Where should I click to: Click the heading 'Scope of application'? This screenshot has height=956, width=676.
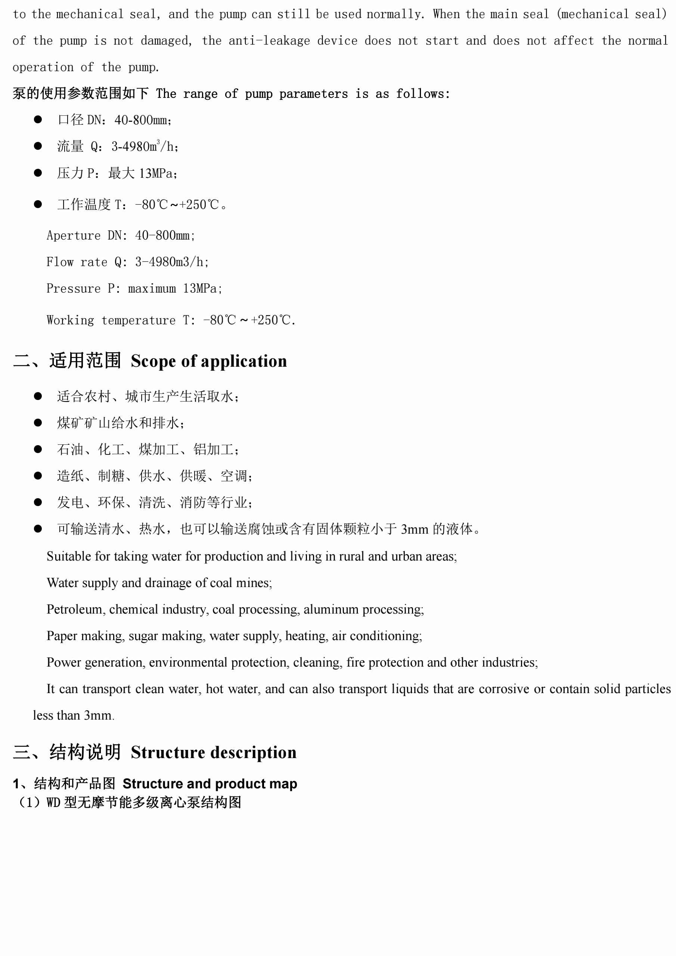209,361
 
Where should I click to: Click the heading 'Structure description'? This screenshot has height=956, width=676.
213,752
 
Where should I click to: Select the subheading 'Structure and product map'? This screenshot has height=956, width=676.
210,783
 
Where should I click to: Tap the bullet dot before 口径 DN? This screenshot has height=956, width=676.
38,119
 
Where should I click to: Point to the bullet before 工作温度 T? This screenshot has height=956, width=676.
38,204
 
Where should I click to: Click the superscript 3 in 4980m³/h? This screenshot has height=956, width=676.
158,142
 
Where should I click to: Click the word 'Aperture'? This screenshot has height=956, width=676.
73,236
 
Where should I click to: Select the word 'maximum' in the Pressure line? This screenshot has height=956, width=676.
152,289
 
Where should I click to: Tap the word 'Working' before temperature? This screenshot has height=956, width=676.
70,320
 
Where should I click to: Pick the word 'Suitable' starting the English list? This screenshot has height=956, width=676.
69,556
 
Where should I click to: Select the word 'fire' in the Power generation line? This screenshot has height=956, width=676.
355,662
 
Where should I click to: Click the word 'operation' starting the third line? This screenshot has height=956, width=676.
43,68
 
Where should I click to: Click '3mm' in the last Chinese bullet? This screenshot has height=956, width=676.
415,529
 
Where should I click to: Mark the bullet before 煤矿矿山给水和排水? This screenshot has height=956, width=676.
38,423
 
